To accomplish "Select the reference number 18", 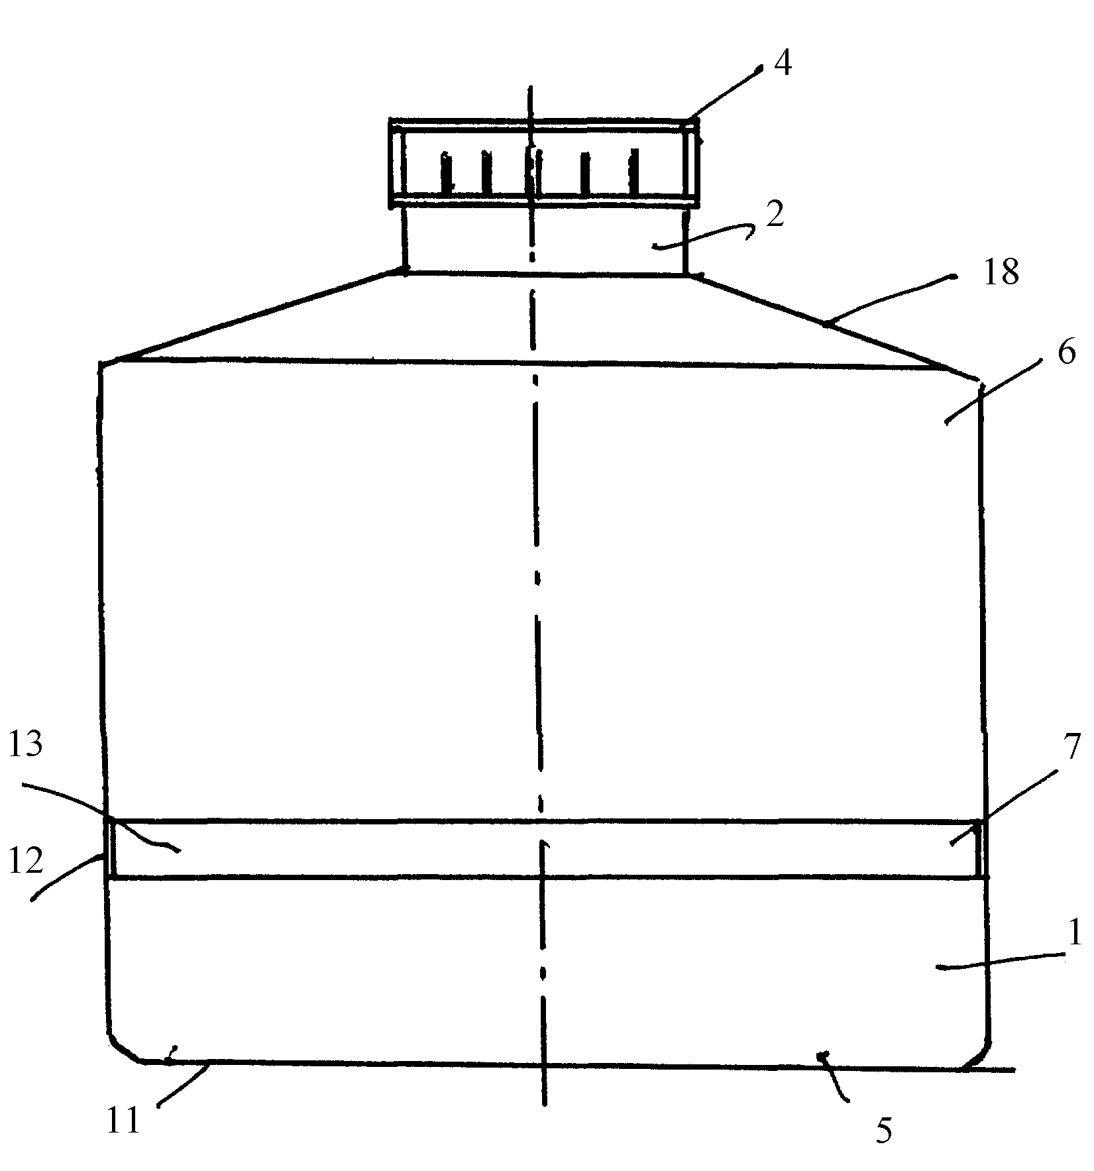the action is click(1001, 272).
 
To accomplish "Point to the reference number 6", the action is click(1066, 353).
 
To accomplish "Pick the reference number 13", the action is click(26, 744).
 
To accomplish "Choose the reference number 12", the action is click(26, 861).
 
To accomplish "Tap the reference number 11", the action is click(123, 1118).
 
